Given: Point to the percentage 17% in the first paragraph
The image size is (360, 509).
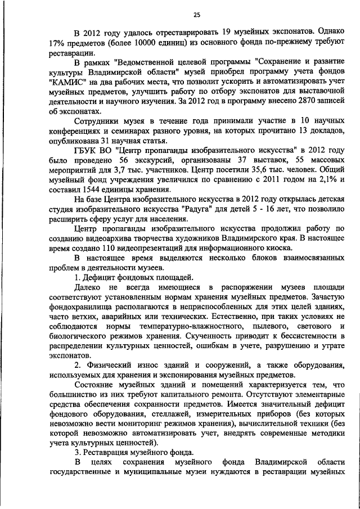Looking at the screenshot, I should click(57, 43).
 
